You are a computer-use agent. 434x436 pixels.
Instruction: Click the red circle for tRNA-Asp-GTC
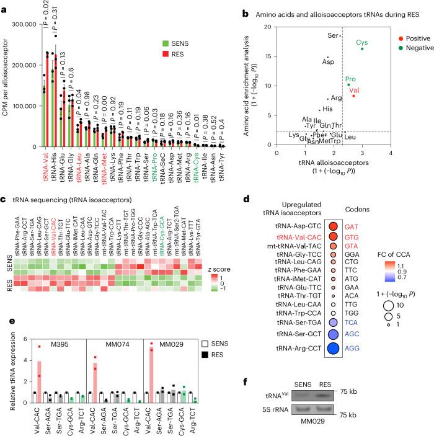pos(334,226)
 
